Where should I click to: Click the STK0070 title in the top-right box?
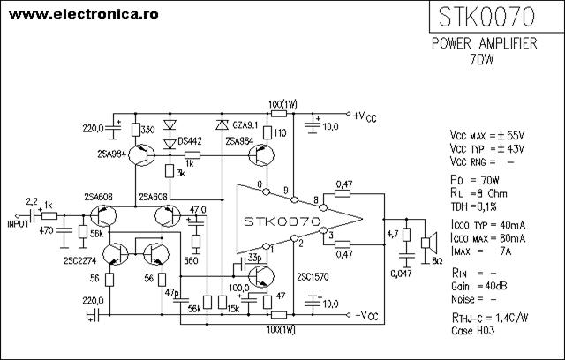pos(486,17)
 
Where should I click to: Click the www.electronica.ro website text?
pos(84,14)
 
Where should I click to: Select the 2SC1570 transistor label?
pos(313,277)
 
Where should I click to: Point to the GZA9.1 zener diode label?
pos(245,125)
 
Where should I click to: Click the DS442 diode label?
pos(190,141)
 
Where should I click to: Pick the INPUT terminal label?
pos(18,224)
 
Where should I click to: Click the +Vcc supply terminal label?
pos(365,116)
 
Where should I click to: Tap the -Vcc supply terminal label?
pos(367,316)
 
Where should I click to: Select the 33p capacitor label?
pos(255,258)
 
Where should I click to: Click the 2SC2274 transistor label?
pos(80,261)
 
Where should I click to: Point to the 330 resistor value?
pos(147,130)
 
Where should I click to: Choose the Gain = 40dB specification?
pos(478,286)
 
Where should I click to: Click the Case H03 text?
pos(473,331)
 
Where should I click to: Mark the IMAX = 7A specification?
pos(481,251)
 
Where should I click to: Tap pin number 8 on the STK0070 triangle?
pos(316,200)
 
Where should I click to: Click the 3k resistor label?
pos(180,173)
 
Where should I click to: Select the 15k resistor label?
pos(233,309)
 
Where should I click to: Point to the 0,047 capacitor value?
pos(401,274)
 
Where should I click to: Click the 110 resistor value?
pos(280,133)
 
